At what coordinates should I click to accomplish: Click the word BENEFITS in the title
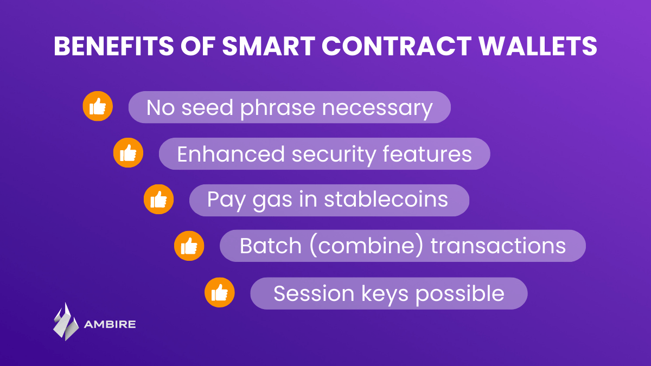point(114,46)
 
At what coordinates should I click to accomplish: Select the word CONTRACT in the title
point(397,46)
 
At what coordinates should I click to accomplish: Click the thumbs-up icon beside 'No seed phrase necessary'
point(98,106)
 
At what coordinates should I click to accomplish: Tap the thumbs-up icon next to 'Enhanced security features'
point(128,152)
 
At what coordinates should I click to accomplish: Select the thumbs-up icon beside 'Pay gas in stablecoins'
point(158,200)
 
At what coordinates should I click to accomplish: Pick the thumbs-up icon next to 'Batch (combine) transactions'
point(189,246)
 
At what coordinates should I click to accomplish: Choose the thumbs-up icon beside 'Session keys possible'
point(220,292)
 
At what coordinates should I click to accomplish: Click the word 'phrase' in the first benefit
point(278,108)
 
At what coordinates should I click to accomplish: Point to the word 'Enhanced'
point(231,153)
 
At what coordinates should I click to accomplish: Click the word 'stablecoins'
point(386,200)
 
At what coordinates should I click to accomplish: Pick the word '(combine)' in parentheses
point(366,246)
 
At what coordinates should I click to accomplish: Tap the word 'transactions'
point(498,246)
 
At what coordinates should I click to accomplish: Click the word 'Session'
point(314,294)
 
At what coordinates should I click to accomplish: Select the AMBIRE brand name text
point(110,324)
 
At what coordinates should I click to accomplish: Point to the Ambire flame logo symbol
point(66,322)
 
